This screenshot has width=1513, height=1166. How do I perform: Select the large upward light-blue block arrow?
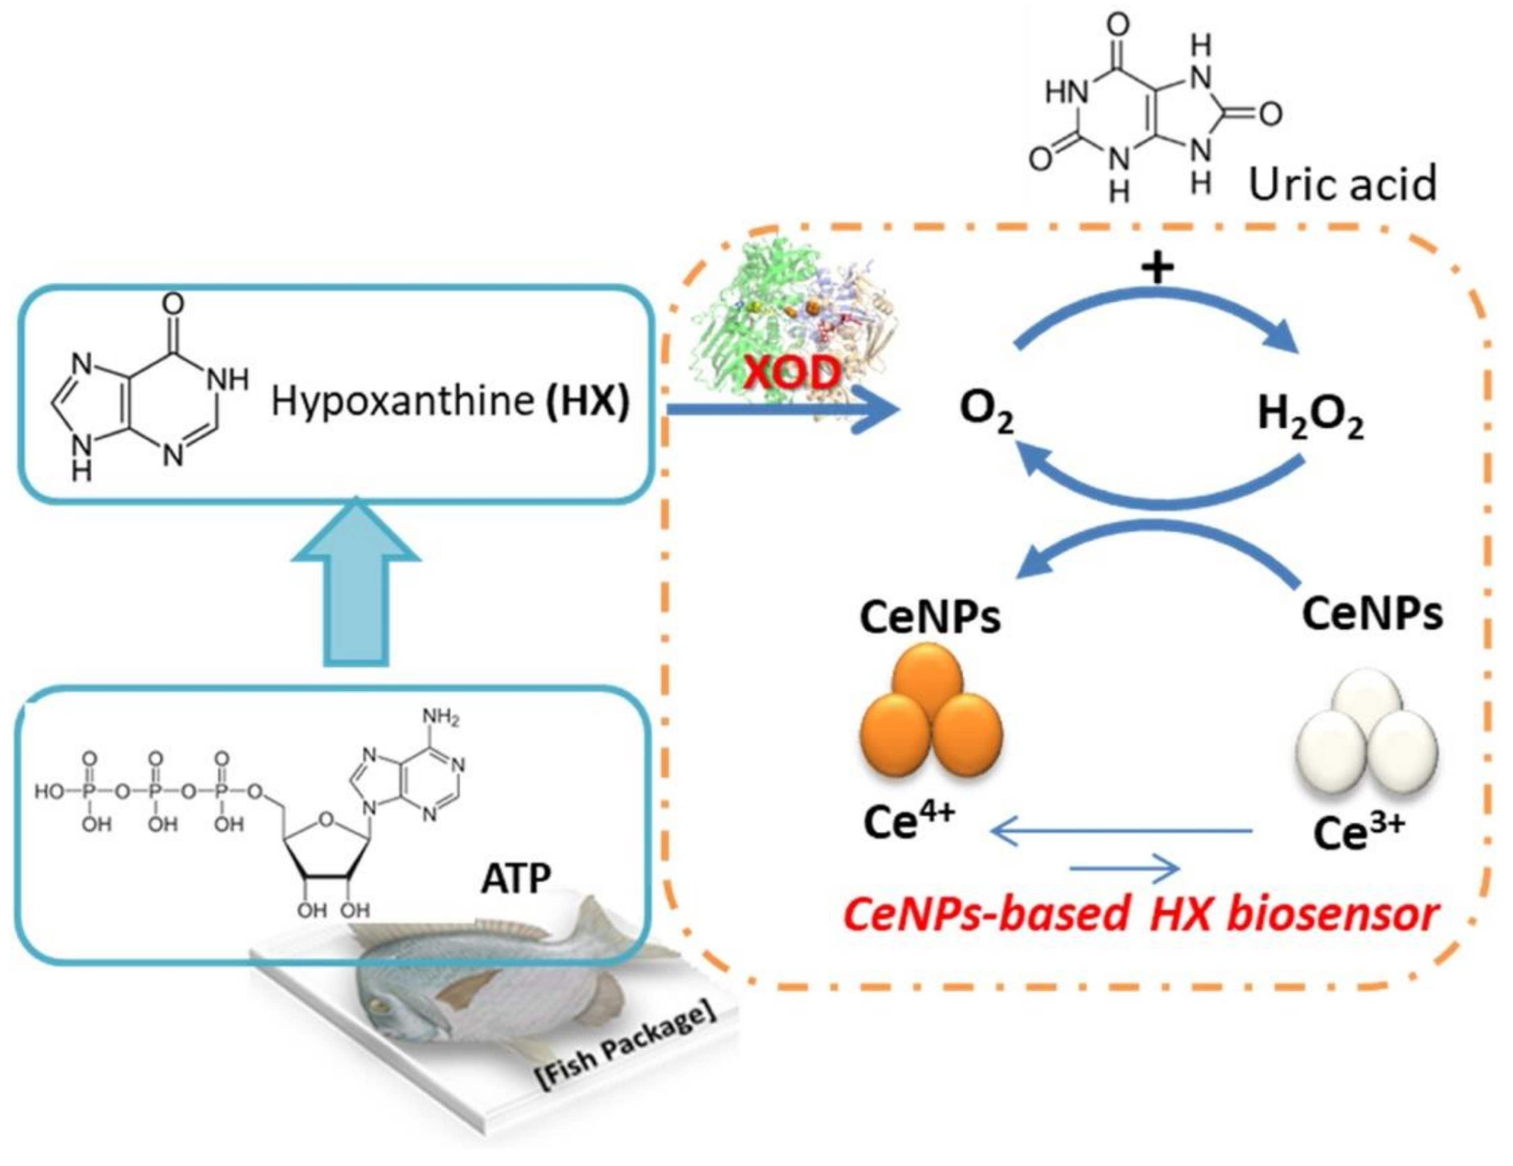tap(356, 589)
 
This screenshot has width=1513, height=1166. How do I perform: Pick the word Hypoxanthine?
tap(402, 401)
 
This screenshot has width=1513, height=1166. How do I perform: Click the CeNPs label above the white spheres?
tap(1372, 613)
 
